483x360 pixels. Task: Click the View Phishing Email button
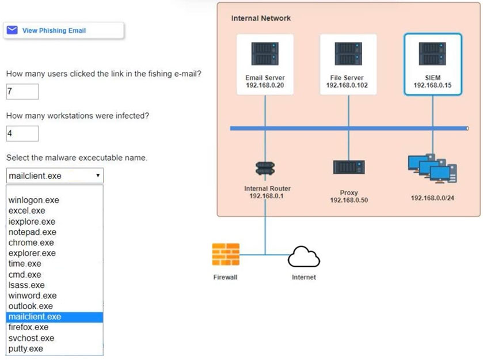[63, 31]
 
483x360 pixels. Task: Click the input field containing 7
[22, 92]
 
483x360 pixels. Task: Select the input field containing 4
[22, 134]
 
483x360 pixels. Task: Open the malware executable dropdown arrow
[98, 175]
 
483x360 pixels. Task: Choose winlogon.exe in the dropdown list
[33, 200]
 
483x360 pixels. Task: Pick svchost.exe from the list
[31, 338]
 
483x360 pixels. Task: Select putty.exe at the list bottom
[25, 348]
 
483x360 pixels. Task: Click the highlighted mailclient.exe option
[55, 317]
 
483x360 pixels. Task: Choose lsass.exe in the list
[26, 285]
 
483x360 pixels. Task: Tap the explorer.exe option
[32, 253]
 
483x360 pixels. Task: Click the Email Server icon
[265, 54]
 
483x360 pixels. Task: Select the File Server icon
[348, 54]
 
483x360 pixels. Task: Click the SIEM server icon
[432, 54]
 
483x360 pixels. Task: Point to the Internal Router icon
[265, 168]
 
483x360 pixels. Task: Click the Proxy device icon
[349, 166]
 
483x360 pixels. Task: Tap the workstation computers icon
[432, 168]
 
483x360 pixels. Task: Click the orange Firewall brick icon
[226, 254]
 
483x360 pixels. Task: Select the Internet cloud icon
[304, 256]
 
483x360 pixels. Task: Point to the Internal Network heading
[261, 18]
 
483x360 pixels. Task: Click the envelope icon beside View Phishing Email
[12, 30]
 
